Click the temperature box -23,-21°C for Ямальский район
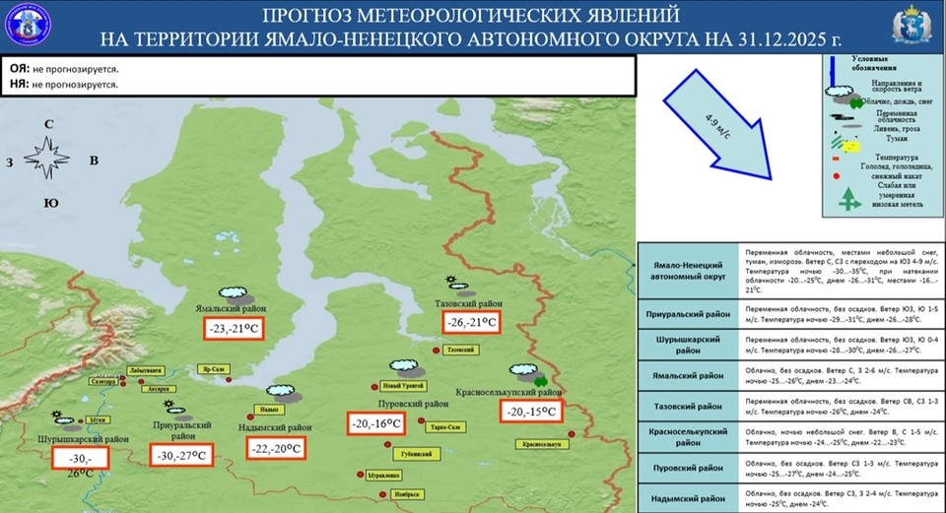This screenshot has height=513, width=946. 235,329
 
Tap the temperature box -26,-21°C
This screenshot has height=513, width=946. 467,322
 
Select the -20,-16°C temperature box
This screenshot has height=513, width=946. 375,423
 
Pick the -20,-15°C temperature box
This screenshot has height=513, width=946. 530,413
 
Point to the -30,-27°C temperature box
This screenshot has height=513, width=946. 183,456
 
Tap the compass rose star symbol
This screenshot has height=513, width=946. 48,159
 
